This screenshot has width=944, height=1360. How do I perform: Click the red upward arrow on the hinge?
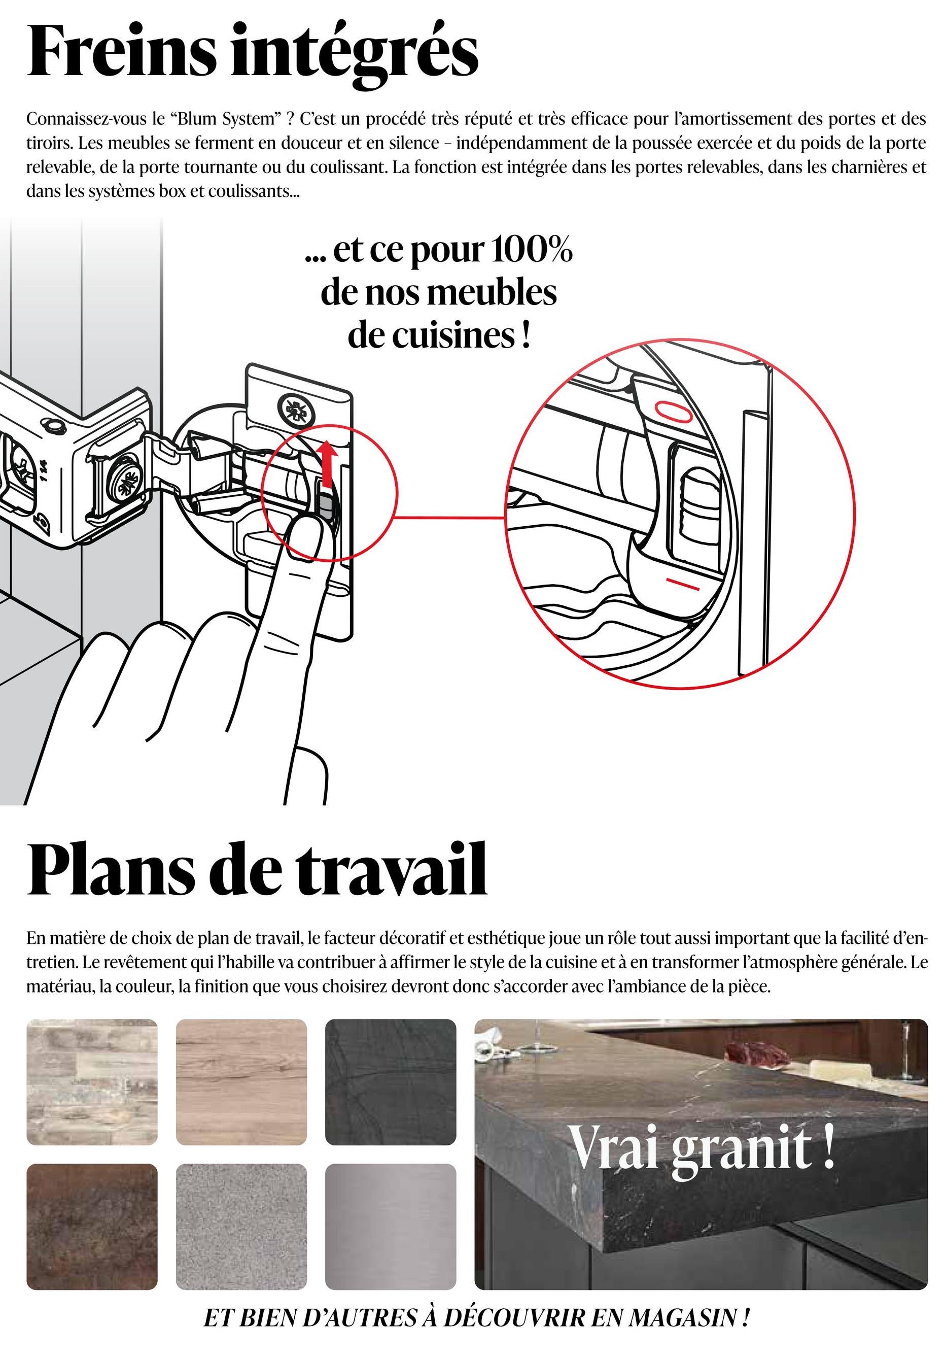[x=327, y=465]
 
